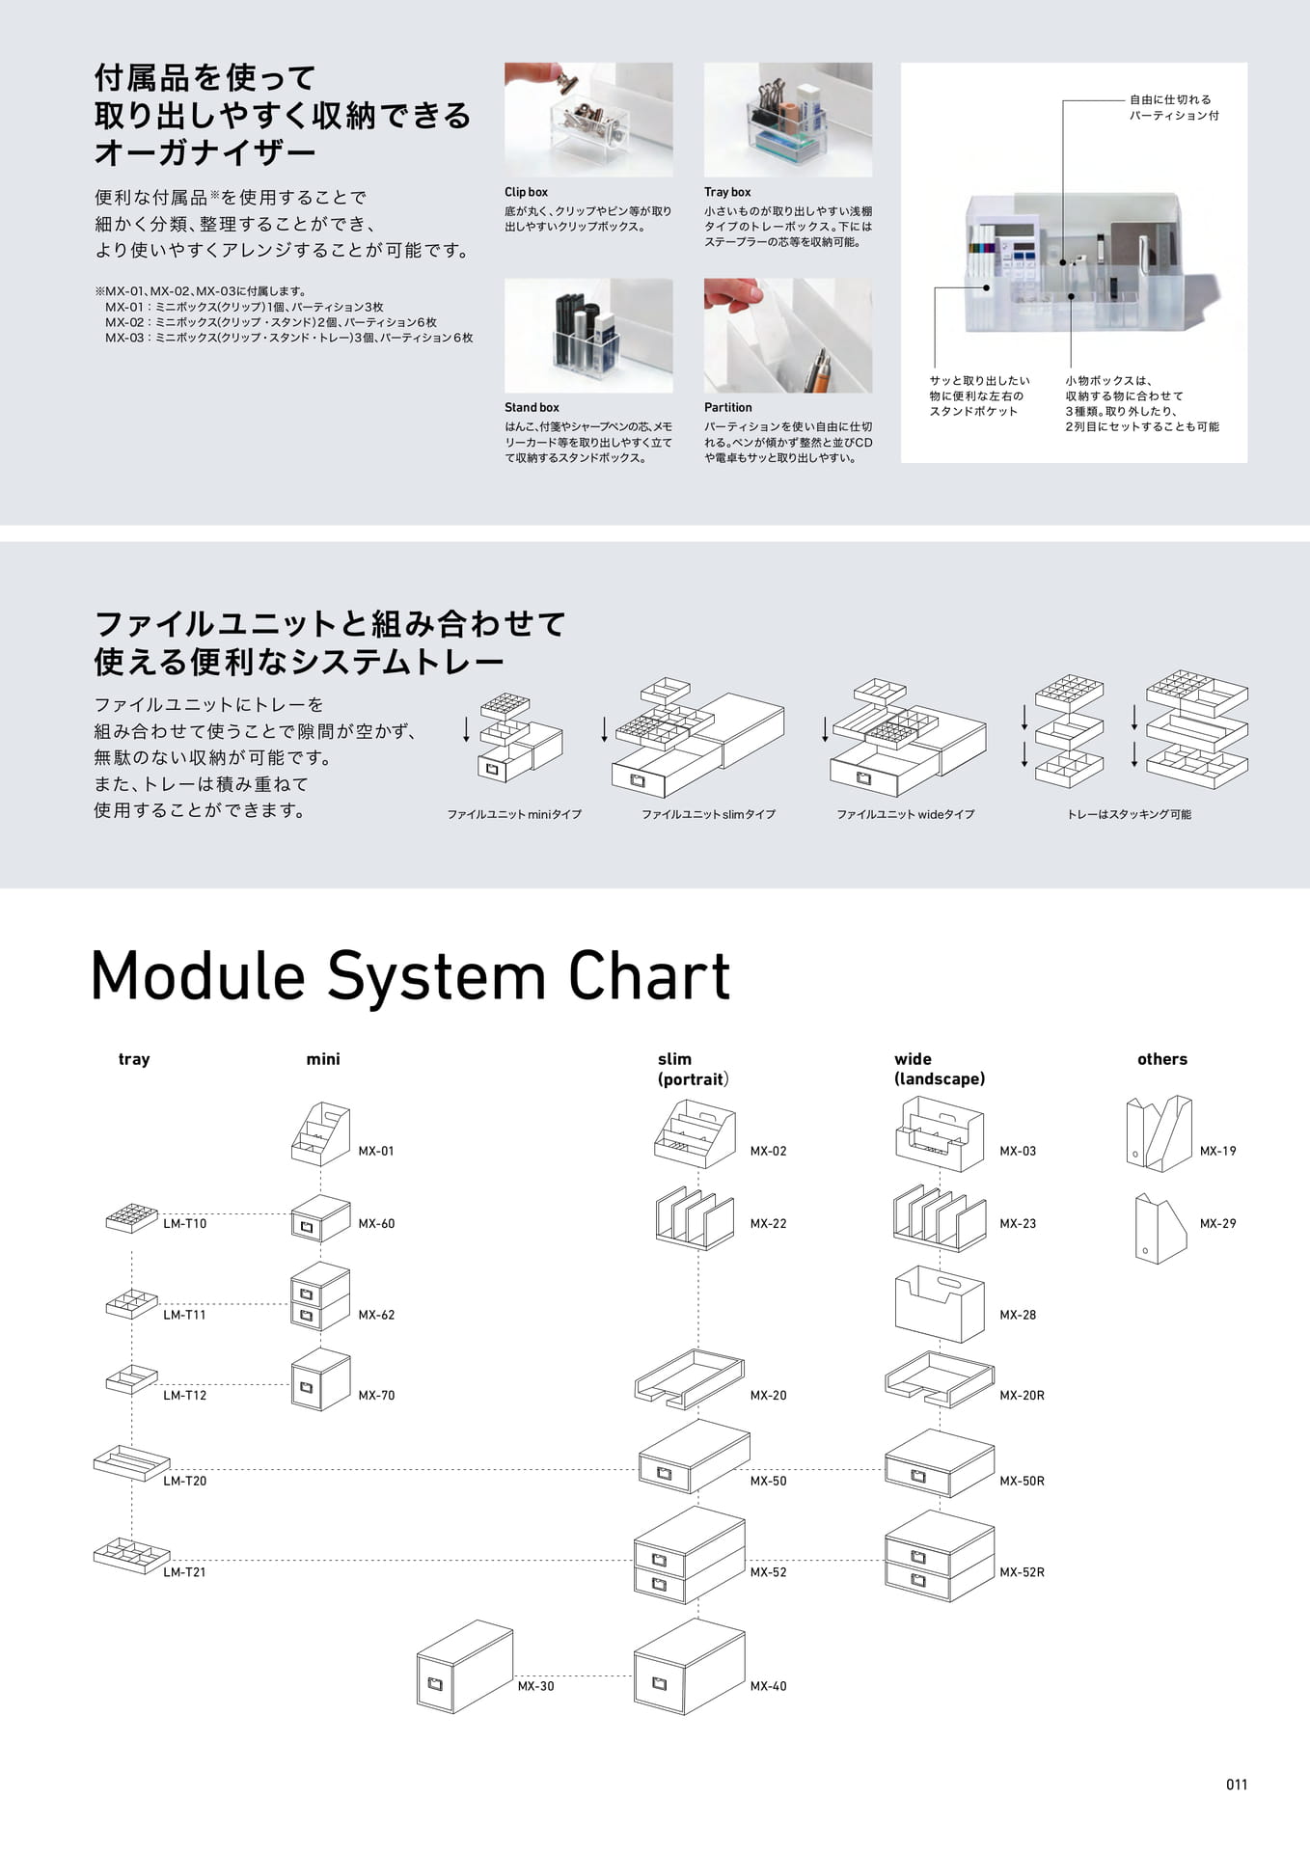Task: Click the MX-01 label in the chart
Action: [x=376, y=1151]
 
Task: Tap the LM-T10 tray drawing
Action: [x=131, y=1218]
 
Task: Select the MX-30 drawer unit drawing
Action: [x=464, y=1666]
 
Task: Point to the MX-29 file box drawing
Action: [x=1160, y=1228]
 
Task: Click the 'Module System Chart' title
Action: [x=410, y=976]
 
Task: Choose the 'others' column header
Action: [x=1162, y=1059]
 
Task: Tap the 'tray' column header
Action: [x=134, y=1059]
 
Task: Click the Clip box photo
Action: [x=588, y=120]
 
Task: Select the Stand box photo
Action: [x=588, y=336]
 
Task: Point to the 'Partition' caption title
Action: [x=728, y=408]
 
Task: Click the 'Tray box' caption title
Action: [x=727, y=192]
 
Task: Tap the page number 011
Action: [x=1237, y=1784]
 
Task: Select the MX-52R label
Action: [x=1022, y=1572]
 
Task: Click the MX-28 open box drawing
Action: [x=940, y=1304]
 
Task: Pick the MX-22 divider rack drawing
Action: [x=695, y=1218]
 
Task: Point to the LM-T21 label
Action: [x=184, y=1572]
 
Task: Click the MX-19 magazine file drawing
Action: [x=1160, y=1133]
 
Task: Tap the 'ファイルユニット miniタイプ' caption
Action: [x=514, y=815]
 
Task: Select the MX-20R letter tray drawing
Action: [x=939, y=1377]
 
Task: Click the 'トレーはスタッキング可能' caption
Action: [x=1129, y=815]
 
